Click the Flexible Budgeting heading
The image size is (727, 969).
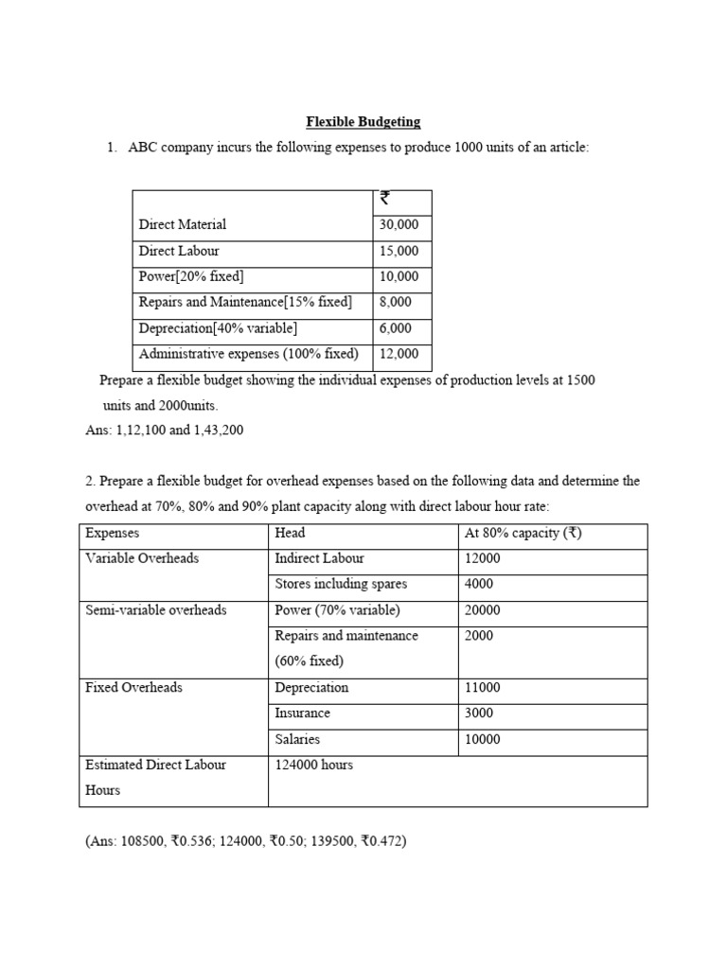[363, 122]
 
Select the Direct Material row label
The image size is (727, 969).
[183, 225]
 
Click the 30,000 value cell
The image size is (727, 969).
[399, 225]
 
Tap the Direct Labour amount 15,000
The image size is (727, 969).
[399, 252]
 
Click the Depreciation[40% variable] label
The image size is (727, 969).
[218, 328]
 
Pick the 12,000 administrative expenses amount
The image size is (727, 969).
[399, 355]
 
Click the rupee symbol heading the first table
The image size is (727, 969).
[384, 199]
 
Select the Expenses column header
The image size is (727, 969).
[112, 533]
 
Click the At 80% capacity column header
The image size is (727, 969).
[523, 533]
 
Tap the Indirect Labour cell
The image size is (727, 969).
[319, 558]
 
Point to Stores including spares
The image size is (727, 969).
[341, 584]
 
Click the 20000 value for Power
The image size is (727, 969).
[483, 610]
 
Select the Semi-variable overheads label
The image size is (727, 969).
[156, 610]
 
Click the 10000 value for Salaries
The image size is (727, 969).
[483, 739]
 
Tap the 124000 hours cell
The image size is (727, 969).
[313, 765]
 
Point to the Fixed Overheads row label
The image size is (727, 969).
[133, 688]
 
